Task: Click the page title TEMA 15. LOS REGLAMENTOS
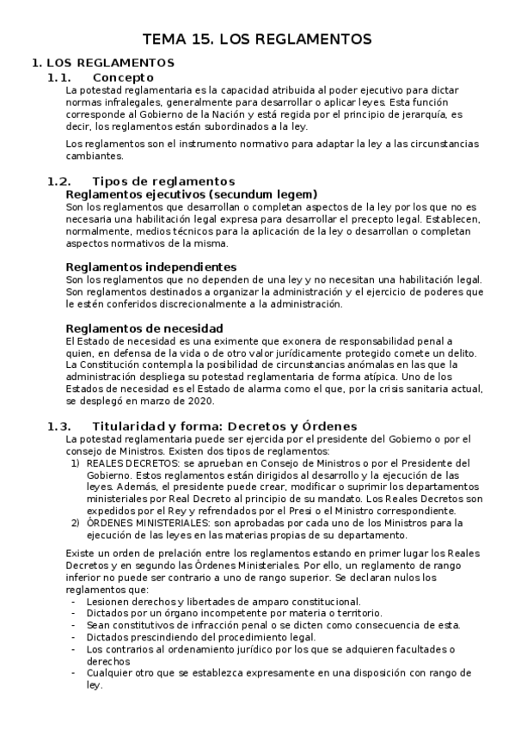coord(257,39)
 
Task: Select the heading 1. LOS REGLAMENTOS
coord(102,63)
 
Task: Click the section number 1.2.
coord(58,181)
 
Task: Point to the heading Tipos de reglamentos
coord(162,181)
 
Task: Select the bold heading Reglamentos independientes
coord(150,266)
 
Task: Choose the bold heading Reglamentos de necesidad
coord(144,328)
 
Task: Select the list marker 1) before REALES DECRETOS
coord(75,463)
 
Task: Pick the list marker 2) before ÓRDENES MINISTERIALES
coord(75,523)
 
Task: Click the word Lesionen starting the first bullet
coord(107,602)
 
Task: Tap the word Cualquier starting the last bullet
coord(109,674)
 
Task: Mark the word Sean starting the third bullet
coord(97,626)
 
